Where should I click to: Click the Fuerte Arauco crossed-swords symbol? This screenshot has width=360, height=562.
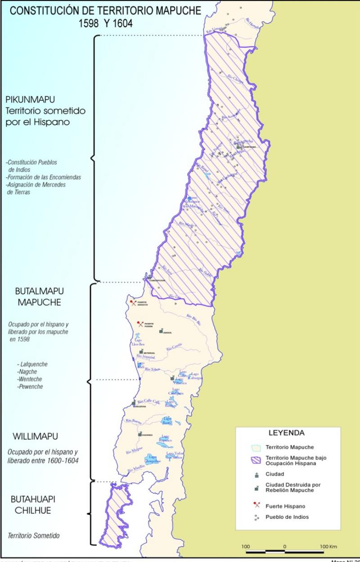coord(132,303)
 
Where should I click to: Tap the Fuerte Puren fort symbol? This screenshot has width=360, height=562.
coord(140,323)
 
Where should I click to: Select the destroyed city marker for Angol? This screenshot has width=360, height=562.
coord(161,331)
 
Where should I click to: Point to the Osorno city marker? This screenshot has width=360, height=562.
coord(140,434)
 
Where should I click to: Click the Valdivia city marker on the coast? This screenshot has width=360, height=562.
coord(134,404)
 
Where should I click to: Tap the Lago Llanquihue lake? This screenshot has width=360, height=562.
coord(152,459)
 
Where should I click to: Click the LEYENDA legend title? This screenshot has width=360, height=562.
coord(286,433)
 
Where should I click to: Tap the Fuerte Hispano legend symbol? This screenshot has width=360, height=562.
coord(256,505)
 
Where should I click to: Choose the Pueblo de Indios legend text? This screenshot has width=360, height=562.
coord(287,517)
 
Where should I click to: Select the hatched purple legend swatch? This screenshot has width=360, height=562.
coord(256,460)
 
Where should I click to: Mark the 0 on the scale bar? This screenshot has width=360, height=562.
coord(284,546)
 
